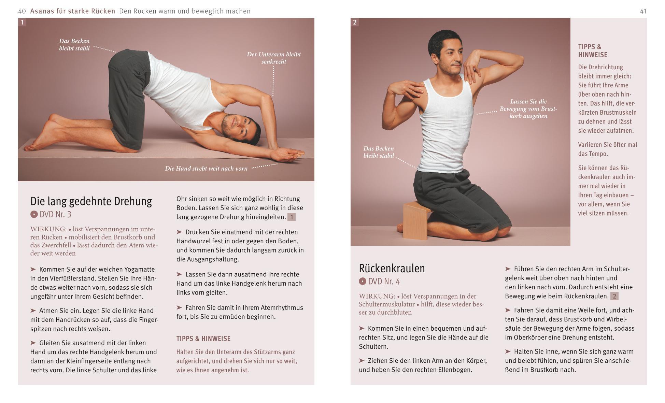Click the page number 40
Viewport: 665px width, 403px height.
click(x=22, y=11)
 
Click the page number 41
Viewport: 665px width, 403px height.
click(x=643, y=11)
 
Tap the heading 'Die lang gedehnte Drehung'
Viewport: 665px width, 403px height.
click(x=91, y=201)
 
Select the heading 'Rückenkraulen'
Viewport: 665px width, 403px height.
click(x=392, y=268)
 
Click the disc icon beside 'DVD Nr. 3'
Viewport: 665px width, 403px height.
click(x=34, y=214)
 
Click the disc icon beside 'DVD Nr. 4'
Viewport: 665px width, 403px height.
click(x=362, y=282)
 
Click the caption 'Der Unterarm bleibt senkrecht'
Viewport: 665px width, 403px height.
click(x=274, y=58)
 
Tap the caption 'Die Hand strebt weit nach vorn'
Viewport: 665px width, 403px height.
click(x=206, y=169)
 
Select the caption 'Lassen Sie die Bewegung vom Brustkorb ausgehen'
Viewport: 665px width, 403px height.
click(x=528, y=109)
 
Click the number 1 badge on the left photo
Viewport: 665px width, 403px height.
click(x=22, y=23)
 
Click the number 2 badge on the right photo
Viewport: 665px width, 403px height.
click(x=355, y=23)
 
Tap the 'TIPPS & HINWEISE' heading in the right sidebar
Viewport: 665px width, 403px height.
click(x=592, y=51)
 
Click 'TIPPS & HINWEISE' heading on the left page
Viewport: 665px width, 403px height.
click(x=203, y=339)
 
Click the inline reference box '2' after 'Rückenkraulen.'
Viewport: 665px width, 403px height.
click(x=614, y=296)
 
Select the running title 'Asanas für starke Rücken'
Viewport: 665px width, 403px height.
click(x=73, y=11)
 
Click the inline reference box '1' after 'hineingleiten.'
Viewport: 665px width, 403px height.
click(x=291, y=217)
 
